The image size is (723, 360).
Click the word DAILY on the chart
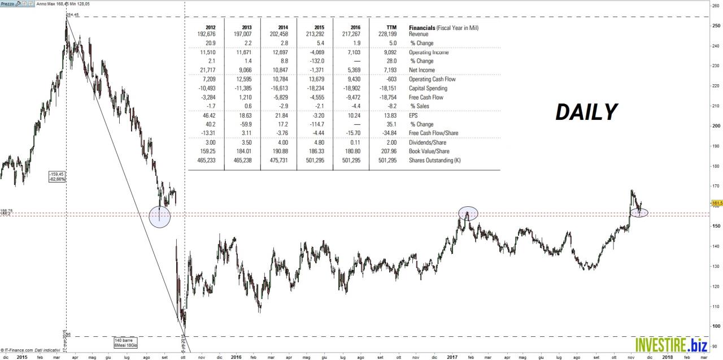click(586, 112)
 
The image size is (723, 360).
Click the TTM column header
click(391, 27)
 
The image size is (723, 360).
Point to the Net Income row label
click(422, 70)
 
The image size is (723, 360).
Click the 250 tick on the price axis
click(715, 26)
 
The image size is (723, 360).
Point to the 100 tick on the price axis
click(715, 326)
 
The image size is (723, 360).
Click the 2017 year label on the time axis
click(452, 357)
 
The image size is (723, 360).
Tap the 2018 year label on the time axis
click(668, 357)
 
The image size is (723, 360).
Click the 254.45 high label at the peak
click(72, 14)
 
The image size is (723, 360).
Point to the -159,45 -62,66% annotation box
click(58, 176)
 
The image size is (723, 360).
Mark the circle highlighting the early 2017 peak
click(468, 213)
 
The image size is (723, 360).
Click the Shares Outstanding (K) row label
click(434, 161)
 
